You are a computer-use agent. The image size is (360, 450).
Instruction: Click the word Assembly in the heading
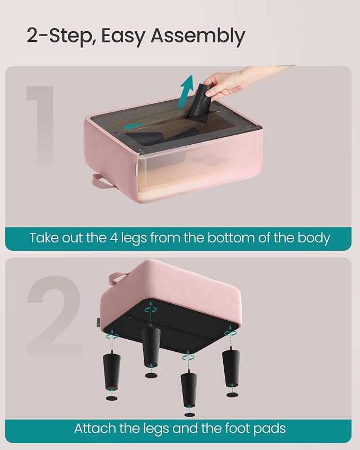point(198,37)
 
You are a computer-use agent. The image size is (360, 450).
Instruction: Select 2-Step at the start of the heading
point(59,37)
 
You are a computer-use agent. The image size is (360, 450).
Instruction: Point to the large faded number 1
point(41,126)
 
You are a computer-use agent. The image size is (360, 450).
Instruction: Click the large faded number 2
point(55,316)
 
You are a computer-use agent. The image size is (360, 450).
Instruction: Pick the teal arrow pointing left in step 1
point(134,126)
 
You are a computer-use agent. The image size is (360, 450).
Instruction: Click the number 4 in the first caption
point(114,238)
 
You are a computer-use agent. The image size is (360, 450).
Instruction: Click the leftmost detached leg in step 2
point(111,371)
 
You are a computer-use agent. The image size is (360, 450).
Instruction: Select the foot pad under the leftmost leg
point(112,399)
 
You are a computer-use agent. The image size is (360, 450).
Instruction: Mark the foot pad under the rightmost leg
point(232,395)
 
